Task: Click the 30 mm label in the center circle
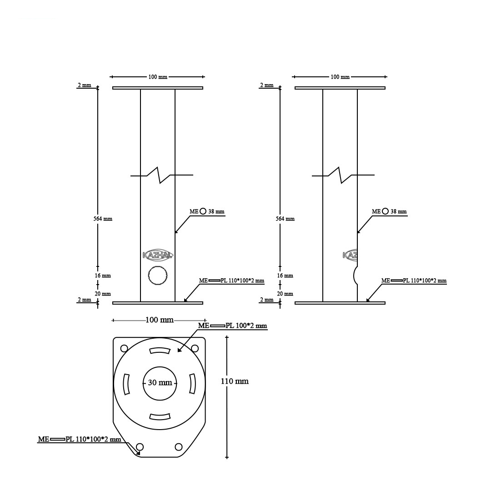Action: coord(160,383)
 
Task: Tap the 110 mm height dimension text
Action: coord(235,381)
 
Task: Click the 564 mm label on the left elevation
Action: coord(103,219)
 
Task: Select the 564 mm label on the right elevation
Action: coord(285,219)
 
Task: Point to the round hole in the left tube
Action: coord(158,276)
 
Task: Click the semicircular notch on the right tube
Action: coord(355,276)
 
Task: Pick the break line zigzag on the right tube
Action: coord(341,175)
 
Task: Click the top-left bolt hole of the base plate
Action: coord(124,348)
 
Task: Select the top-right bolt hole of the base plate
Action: coord(195,348)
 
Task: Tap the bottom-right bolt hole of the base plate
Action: coord(178,446)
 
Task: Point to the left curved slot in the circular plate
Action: coord(127,384)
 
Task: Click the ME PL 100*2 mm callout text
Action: coord(232,326)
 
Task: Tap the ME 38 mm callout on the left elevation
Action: coord(207,211)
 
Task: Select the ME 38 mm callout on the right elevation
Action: coord(389,211)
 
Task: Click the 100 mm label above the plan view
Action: coord(159,320)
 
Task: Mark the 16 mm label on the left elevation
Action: coord(103,276)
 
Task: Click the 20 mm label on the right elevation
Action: coord(285,294)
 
